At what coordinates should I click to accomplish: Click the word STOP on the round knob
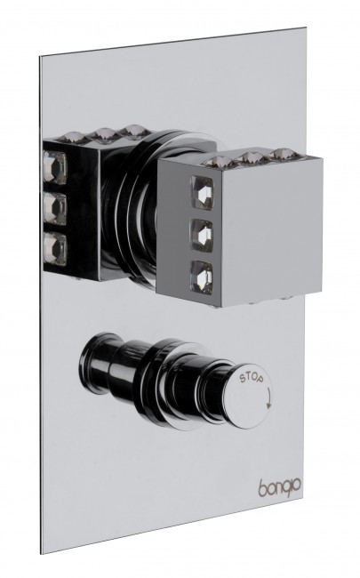[252, 378]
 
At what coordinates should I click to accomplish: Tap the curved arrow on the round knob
[269, 399]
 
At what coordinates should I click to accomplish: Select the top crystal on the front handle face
[203, 192]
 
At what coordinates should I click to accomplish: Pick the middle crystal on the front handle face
[203, 236]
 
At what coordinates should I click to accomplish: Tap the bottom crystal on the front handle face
[203, 278]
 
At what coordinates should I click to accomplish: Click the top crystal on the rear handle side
[54, 167]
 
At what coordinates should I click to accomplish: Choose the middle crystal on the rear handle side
[54, 209]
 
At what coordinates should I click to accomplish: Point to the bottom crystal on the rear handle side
[54, 247]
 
